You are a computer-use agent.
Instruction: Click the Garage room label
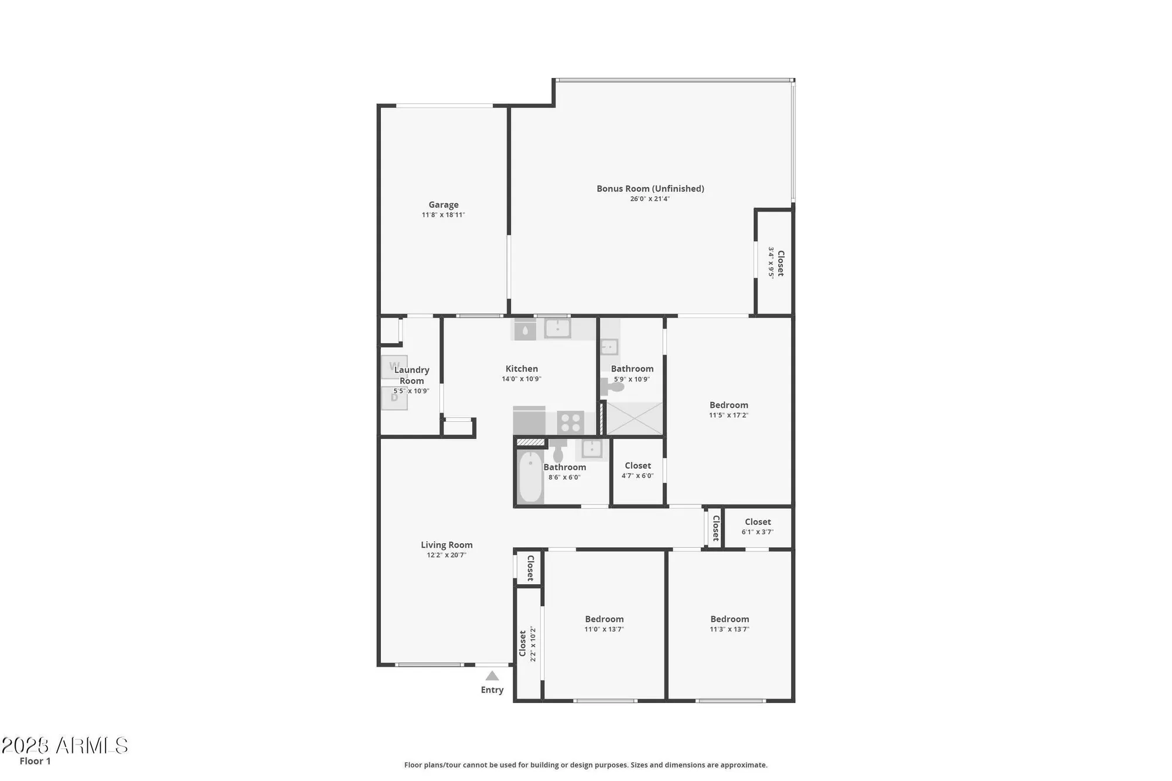[x=443, y=204]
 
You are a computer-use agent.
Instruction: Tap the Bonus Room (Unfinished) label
[x=650, y=189]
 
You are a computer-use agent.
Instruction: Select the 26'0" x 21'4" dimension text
[x=650, y=199]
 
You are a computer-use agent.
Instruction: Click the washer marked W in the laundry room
[x=394, y=367]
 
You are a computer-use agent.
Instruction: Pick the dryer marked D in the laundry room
[x=394, y=398]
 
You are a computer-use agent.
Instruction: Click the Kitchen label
[x=522, y=369]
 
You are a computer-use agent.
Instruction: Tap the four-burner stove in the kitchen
[x=570, y=422]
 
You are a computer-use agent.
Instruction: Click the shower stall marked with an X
[x=634, y=418]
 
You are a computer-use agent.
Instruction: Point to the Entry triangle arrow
[x=492, y=676]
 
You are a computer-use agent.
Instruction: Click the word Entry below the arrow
[x=492, y=690]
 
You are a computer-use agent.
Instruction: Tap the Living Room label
[x=447, y=545]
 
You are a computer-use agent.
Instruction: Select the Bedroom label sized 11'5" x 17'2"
[x=728, y=405]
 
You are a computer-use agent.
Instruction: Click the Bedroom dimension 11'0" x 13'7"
[x=604, y=629]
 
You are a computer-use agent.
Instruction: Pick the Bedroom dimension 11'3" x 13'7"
[x=729, y=629]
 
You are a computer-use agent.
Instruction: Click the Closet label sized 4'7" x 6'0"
[x=638, y=466]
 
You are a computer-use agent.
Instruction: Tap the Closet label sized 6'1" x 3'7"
[x=758, y=521]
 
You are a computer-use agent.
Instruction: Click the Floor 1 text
[x=35, y=761]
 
